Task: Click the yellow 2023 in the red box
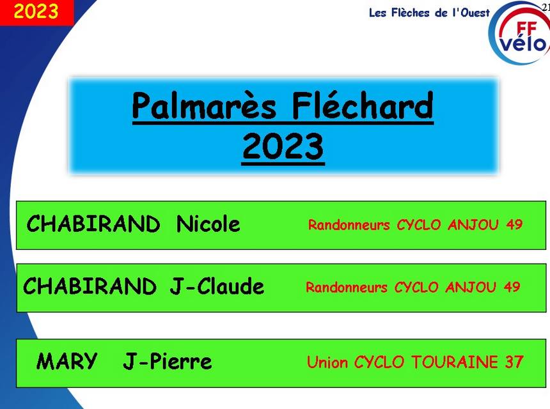click(x=36, y=12)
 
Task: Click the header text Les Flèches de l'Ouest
click(x=429, y=13)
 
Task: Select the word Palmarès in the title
click(x=204, y=106)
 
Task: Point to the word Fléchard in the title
click(x=363, y=105)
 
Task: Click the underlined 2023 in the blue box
click(x=283, y=146)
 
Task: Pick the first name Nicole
click(x=208, y=224)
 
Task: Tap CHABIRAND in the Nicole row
click(x=93, y=224)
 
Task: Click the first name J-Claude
click(x=217, y=286)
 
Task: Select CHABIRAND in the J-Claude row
click(x=90, y=286)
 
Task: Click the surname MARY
click(x=67, y=361)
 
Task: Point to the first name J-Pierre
click(x=168, y=362)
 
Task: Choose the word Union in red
click(x=327, y=362)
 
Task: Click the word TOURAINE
click(x=455, y=362)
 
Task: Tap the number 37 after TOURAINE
click(x=514, y=362)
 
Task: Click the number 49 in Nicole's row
click(x=514, y=224)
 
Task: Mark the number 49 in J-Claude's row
click(x=512, y=287)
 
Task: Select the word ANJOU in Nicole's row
click(x=473, y=225)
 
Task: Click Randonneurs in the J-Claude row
click(x=347, y=288)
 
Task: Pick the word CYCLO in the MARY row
click(x=379, y=362)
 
